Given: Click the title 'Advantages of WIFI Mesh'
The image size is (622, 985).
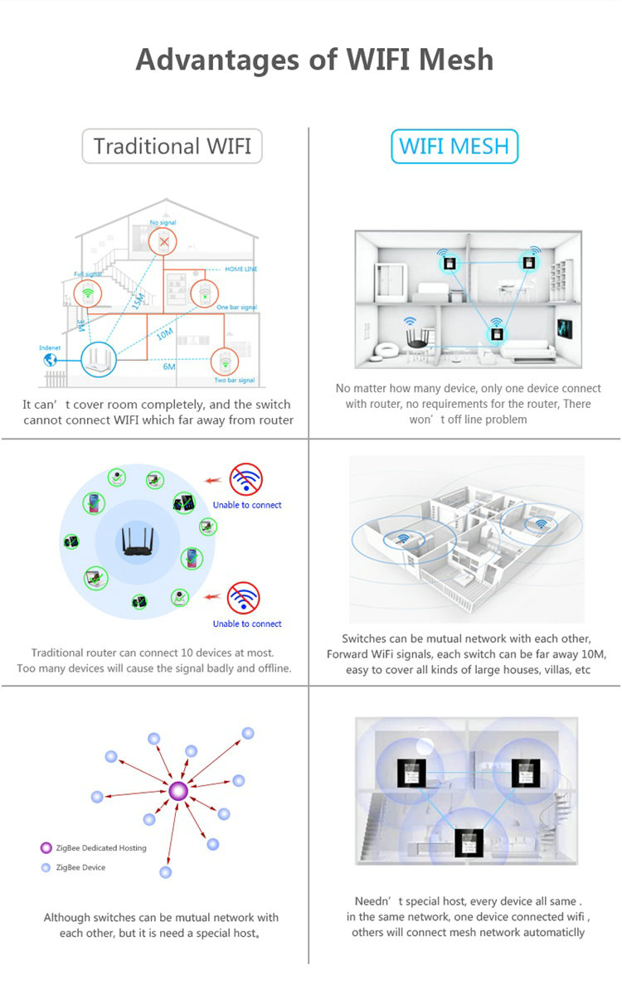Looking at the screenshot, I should tap(314, 60).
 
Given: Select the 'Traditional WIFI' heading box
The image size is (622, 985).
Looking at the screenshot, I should tap(172, 147).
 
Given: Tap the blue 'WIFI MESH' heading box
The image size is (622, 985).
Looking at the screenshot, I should tap(454, 147).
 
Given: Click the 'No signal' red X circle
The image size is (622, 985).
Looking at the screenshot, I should tap(164, 241).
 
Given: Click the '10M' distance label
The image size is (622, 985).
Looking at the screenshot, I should tap(164, 334).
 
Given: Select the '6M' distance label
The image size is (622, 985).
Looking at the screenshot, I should tap(168, 366).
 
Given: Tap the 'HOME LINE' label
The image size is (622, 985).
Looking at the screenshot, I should tap(241, 269).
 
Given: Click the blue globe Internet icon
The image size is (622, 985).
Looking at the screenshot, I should tap(50, 361).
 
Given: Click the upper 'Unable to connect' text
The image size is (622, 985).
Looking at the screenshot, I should tap(247, 505).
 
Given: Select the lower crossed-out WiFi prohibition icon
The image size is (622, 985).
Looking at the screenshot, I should tap(244, 598).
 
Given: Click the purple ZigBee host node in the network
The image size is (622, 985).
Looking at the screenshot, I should tap(177, 791).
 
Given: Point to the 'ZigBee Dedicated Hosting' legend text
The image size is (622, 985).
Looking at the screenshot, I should tap(101, 848).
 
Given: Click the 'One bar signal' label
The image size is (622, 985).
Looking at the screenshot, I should tap(236, 308).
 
